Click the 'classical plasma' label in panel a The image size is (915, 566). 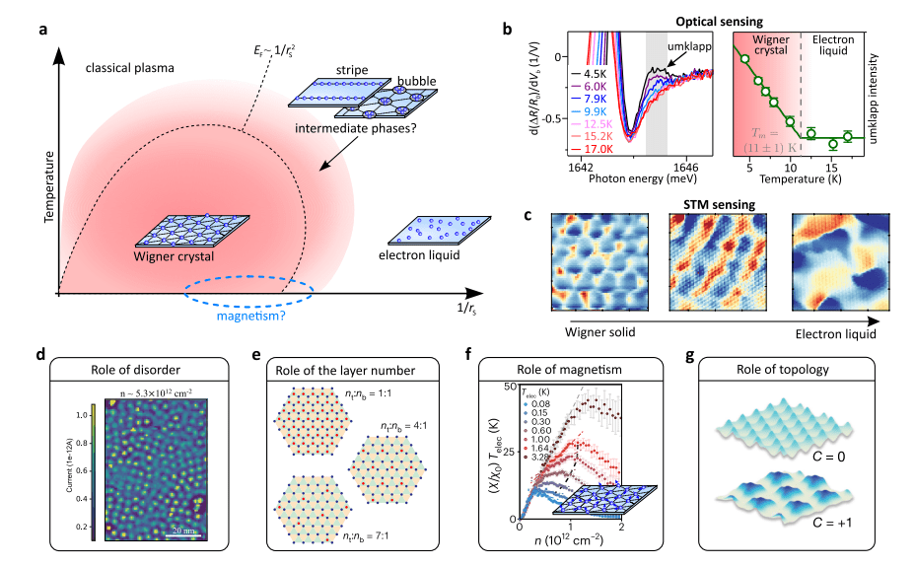129,68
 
